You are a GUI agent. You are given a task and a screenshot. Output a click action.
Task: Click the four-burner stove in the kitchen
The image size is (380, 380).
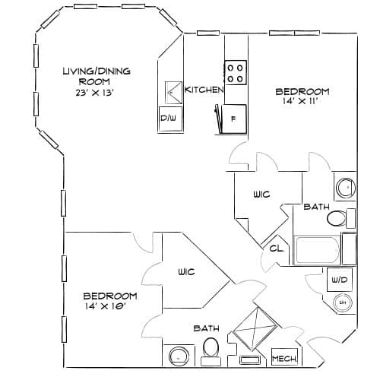[x=236, y=73]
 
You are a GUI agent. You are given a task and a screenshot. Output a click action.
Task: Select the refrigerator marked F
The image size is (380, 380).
[x=233, y=119]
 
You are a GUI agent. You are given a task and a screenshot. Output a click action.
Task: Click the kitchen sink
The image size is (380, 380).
[x=173, y=93]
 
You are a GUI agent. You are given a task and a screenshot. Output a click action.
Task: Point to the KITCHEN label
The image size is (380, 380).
[x=204, y=90]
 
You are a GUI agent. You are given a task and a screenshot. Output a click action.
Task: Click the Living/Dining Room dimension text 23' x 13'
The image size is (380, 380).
[x=94, y=93]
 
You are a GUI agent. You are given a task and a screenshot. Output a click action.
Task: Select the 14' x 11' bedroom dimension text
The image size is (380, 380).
[x=300, y=101]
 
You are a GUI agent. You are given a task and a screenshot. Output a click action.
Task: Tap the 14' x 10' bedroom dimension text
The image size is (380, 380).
[x=106, y=306]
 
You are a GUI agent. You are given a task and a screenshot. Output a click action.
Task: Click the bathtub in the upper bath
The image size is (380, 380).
[x=317, y=250]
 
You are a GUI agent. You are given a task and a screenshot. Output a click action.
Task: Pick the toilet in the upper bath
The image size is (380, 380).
[x=341, y=218]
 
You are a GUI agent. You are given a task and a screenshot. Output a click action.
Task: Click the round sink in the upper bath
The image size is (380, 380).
[x=346, y=188]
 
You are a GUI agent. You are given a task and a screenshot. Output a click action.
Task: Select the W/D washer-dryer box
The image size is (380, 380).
[x=340, y=280]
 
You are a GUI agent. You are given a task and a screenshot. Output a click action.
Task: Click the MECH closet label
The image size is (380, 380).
[x=284, y=359]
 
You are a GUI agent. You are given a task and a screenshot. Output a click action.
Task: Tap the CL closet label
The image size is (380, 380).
[x=276, y=249]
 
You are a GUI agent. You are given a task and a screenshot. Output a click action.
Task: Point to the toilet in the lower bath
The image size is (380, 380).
[x=211, y=352]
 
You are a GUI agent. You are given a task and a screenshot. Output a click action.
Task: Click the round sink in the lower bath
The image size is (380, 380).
[x=179, y=356]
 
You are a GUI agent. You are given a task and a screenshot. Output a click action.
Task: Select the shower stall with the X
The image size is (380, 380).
[x=255, y=328]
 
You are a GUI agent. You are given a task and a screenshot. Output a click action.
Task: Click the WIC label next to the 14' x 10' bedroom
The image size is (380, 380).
[x=186, y=272]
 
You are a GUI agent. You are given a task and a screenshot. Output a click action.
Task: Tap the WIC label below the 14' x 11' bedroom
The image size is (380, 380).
[x=261, y=195]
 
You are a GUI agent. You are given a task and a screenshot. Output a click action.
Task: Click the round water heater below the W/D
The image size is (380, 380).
[x=343, y=302]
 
